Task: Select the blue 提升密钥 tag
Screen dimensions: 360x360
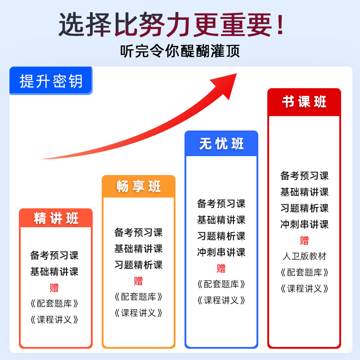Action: [x=51, y=81]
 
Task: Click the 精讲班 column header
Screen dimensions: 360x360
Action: [x=56, y=218]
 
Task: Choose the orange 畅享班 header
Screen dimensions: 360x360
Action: [x=139, y=186]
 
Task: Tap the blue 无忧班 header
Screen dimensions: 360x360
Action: [x=221, y=144]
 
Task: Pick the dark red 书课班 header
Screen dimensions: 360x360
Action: [x=304, y=102]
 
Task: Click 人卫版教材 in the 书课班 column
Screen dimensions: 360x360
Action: [x=304, y=256]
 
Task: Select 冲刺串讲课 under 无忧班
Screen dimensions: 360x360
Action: [x=221, y=252]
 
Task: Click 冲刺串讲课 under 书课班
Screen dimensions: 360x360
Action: [x=304, y=224]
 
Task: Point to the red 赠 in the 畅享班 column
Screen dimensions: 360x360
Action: [x=138, y=281]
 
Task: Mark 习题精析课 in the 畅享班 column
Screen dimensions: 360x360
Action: [x=138, y=265]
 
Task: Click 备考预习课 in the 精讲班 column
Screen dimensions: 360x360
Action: [x=54, y=256]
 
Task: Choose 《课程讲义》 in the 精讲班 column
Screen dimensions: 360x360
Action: [x=54, y=320]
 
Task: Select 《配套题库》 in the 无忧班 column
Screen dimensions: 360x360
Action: [x=221, y=284]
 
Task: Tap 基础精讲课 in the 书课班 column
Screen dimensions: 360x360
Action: [x=304, y=192]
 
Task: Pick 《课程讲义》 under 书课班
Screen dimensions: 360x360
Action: [x=304, y=288]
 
